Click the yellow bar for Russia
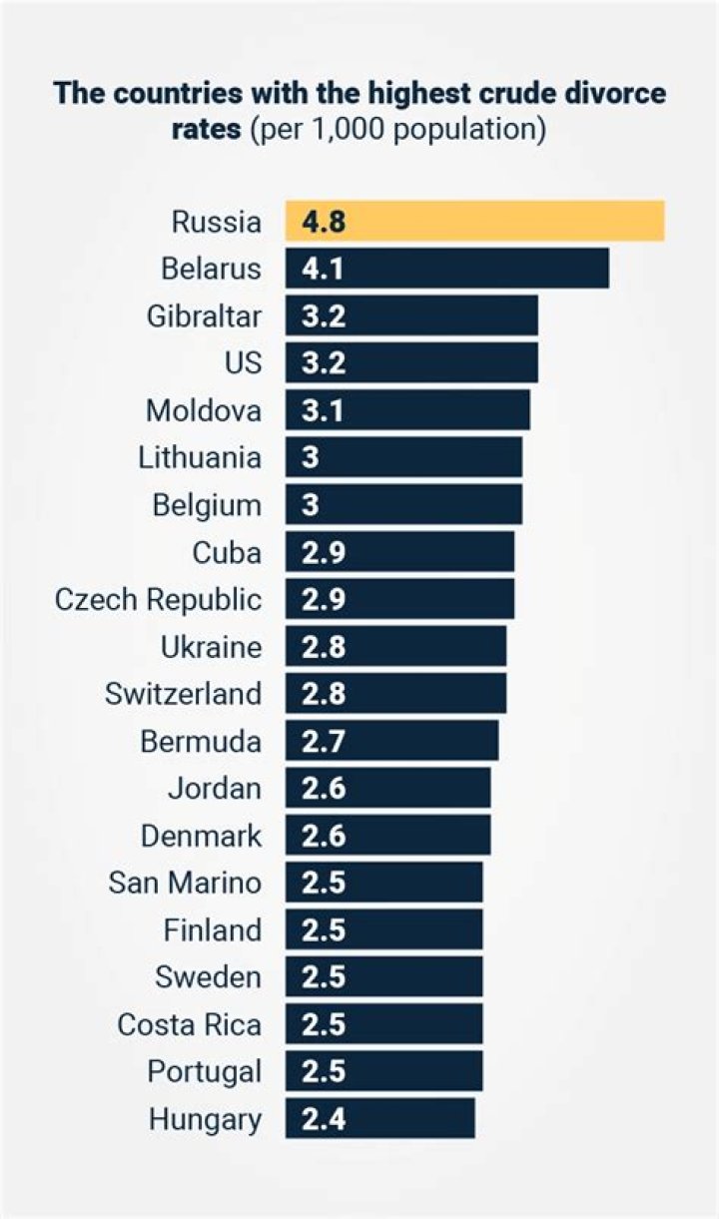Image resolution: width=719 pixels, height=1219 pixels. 474,221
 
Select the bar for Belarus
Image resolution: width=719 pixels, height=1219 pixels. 446,269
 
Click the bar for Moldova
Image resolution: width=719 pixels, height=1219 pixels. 406,410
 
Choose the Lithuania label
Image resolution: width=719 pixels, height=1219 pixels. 200,458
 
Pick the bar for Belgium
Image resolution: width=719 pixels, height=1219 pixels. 402,504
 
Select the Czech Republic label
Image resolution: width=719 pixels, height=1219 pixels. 158,599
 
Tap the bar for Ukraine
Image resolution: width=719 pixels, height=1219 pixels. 395,647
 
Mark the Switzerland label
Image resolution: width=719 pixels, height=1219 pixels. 183,693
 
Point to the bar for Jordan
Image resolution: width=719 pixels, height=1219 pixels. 387,788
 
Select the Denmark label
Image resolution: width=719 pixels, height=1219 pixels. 201,836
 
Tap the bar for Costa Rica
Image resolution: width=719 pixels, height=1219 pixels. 383,1024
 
